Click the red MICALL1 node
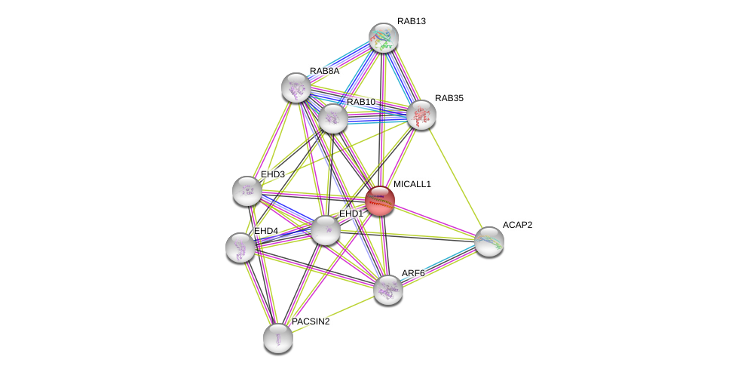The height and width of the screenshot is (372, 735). coord(379,201)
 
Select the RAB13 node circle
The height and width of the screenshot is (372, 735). coord(383,38)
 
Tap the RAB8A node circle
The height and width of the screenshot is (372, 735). coord(296,88)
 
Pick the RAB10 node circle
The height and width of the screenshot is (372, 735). coord(332,118)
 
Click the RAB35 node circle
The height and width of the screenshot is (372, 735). coord(421,115)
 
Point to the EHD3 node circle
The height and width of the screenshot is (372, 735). coord(247,191)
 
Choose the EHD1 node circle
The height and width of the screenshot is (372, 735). coord(326,230)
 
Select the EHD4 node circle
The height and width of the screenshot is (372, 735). coord(240,247)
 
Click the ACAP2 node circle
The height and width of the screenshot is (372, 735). coord(488,241)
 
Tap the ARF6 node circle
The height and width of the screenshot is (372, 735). coord(387,289)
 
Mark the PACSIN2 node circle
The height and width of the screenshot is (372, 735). coord(277,337)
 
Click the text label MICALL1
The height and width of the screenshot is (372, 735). coord(412,184)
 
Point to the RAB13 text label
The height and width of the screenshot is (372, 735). coord(412,21)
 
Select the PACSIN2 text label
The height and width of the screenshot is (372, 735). coord(311,321)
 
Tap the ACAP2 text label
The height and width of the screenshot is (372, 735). coord(517,225)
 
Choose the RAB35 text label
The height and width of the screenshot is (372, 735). coord(449,98)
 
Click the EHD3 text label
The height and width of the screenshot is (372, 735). coord(273,174)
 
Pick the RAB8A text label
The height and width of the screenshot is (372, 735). coord(324,71)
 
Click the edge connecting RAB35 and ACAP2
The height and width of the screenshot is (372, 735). coord(455,178)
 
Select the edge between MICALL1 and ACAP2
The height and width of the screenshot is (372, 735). coord(434,221)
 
